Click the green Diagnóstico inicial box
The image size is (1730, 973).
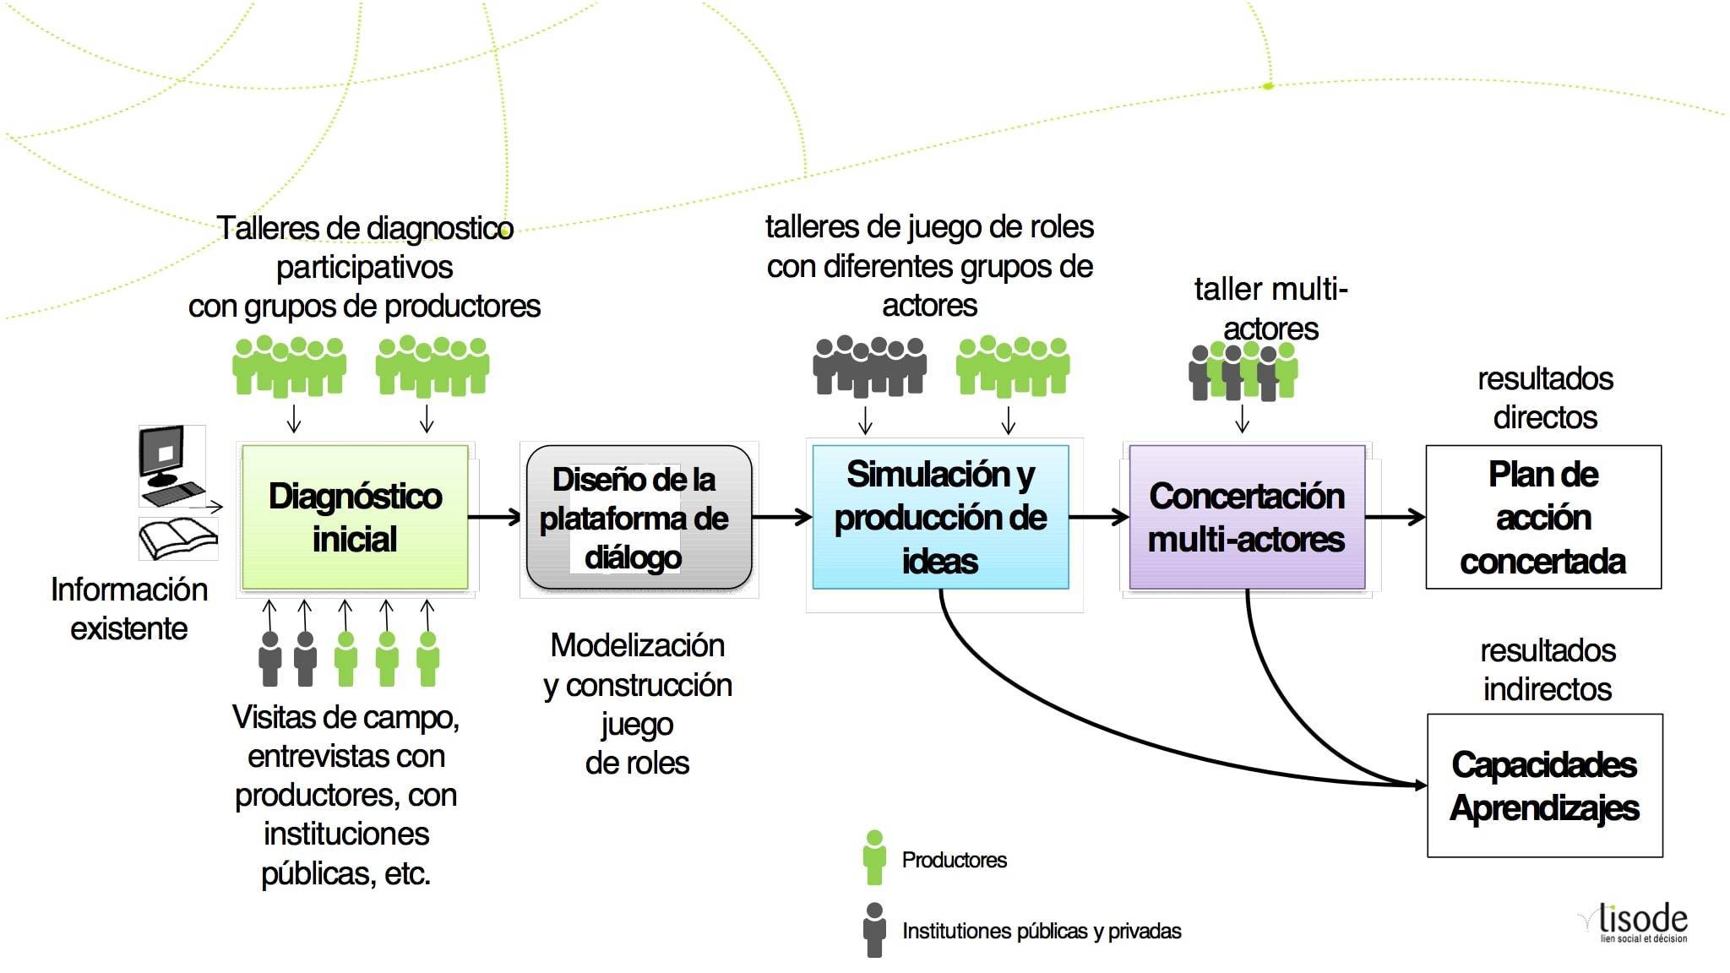355,517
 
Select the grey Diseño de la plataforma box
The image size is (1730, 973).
639,517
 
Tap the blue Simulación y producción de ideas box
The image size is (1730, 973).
940,517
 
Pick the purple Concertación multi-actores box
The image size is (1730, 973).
1247,517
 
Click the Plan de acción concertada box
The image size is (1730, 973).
1543,517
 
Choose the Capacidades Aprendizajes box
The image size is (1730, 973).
1545,785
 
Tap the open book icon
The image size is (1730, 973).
177,538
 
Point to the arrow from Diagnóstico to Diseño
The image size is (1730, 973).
495,517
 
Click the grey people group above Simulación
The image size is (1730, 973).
869,367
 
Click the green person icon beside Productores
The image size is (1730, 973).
874,858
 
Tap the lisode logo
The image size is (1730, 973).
1639,922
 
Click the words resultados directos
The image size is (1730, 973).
1545,398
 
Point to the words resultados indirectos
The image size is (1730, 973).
1548,670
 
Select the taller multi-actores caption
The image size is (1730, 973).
1270,308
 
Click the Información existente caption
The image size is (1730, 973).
129,609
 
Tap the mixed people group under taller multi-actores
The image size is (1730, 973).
1242,372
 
